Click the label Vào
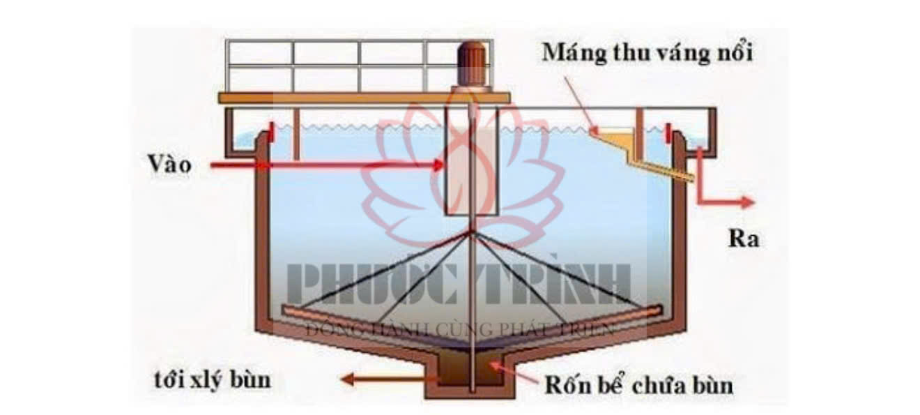(x=169, y=165)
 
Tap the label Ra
(x=744, y=239)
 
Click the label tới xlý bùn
(x=212, y=381)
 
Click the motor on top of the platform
(x=472, y=65)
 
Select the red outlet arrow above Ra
(x=725, y=199)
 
